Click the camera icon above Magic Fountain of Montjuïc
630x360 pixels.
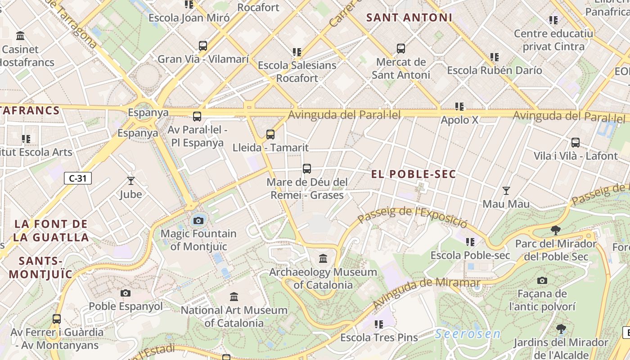coord(198,220)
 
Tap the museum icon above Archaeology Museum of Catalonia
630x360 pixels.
coord(323,259)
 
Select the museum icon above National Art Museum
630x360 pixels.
coord(234,297)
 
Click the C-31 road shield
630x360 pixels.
coord(78,178)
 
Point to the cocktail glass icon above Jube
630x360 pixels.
coord(131,181)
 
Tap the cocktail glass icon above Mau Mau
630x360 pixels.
coord(506,191)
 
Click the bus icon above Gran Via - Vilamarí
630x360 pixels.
coord(203,46)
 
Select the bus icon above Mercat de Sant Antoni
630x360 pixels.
coord(401,49)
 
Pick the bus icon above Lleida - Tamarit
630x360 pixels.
coord(270,134)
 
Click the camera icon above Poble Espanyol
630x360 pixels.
coord(126,293)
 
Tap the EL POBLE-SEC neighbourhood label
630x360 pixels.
coord(414,174)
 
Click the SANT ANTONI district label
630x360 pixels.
coord(409,18)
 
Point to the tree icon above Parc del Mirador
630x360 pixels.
coord(556,230)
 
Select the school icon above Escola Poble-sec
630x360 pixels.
coord(470,242)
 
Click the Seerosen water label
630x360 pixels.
coord(468,334)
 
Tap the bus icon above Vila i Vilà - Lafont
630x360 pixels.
coord(576,143)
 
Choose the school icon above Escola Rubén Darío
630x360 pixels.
coord(495,57)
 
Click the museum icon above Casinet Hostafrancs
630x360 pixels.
coord(20,36)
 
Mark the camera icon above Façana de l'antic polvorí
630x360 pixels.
coord(542,281)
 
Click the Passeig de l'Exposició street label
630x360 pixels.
coord(413,216)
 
